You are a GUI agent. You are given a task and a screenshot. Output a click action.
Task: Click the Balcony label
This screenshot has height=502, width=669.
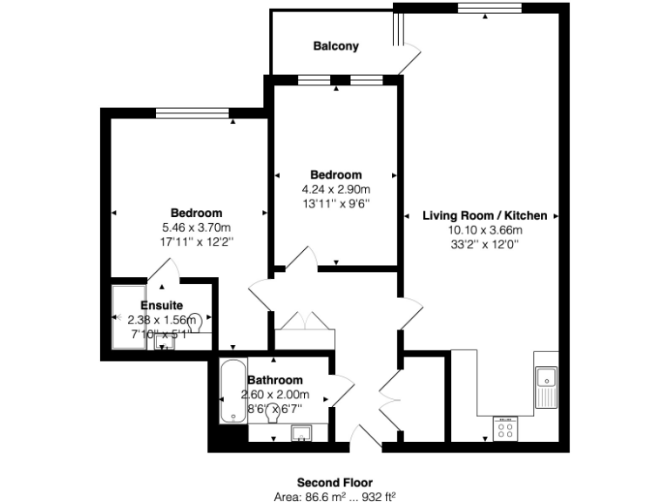coord(335,46)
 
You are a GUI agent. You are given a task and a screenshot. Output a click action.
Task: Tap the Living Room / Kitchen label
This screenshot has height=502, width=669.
coord(484,215)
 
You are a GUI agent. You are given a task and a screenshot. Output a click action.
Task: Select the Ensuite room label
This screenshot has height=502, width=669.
coord(161,306)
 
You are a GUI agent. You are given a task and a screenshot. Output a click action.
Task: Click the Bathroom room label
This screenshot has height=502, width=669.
coord(275,380)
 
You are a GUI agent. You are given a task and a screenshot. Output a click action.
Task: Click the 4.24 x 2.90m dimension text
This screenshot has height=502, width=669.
coord(335,189)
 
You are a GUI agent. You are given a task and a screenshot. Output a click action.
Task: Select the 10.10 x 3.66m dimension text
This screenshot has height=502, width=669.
coord(484,230)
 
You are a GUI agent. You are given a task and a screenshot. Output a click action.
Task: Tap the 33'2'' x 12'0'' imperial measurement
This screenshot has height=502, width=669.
coord(484,245)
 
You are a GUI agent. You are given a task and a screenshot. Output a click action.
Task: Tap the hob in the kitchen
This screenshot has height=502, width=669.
coord(505,427)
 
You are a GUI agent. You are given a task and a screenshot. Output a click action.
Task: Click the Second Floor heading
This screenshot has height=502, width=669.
coord(334,482)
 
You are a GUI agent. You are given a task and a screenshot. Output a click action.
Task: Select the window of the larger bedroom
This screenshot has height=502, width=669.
coord(192,112)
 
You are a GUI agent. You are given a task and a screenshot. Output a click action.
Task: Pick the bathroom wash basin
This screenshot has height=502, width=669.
coord(302,432)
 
